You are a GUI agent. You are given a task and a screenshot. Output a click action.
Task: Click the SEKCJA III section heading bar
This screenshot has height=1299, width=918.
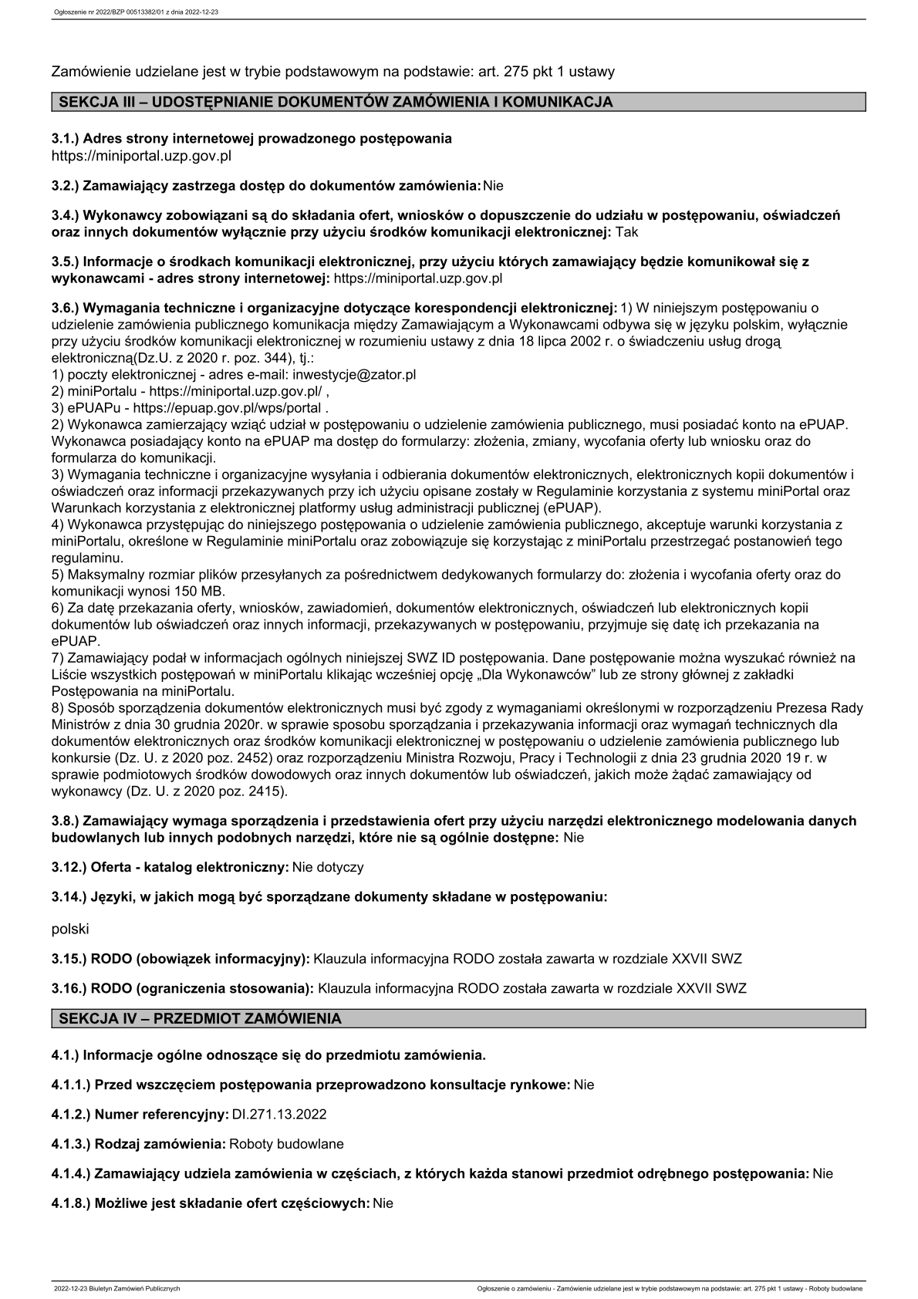click(458, 102)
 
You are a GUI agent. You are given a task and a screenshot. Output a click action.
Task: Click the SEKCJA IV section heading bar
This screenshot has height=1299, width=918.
click(458, 1018)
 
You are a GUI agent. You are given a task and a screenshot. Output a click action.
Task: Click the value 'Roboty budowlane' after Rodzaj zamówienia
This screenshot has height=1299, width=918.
click(287, 1144)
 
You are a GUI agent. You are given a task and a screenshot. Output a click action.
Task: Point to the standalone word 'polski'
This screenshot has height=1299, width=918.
click(70, 930)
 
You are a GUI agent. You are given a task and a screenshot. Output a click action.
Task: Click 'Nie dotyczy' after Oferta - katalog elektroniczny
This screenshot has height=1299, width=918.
click(328, 867)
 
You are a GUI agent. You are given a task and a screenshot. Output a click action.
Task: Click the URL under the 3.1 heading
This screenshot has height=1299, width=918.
click(141, 156)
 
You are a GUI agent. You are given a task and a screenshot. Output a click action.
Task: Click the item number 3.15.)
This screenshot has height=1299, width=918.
click(69, 960)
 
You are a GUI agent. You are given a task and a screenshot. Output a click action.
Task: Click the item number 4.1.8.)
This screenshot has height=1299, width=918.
click(71, 1203)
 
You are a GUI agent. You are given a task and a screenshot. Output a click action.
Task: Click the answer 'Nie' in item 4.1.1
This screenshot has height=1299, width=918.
click(584, 1085)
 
